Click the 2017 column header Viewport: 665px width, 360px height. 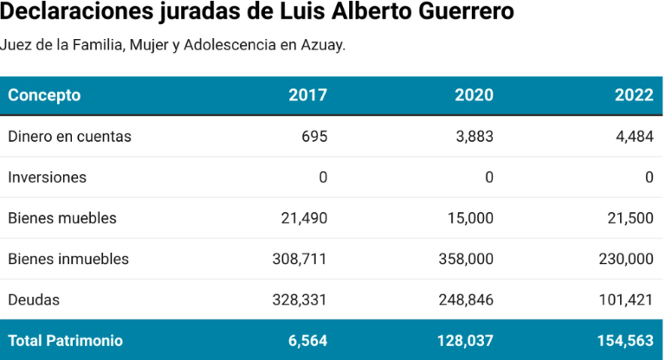(307, 95)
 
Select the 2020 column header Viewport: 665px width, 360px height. (474, 95)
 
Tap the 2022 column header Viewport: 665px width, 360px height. (634, 95)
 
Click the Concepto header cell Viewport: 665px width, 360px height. (44, 95)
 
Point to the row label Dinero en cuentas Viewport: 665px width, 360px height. (69, 137)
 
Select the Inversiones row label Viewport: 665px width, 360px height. (47, 177)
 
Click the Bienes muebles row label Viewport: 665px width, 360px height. (61, 218)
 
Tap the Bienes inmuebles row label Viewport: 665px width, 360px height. (68, 259)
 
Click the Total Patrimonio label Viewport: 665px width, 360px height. (65, 341)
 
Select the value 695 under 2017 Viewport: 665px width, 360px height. (314, 137)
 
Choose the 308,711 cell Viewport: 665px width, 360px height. (300, 259)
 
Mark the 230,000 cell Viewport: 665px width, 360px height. (626, 259)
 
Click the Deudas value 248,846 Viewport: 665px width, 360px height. (466, 299)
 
